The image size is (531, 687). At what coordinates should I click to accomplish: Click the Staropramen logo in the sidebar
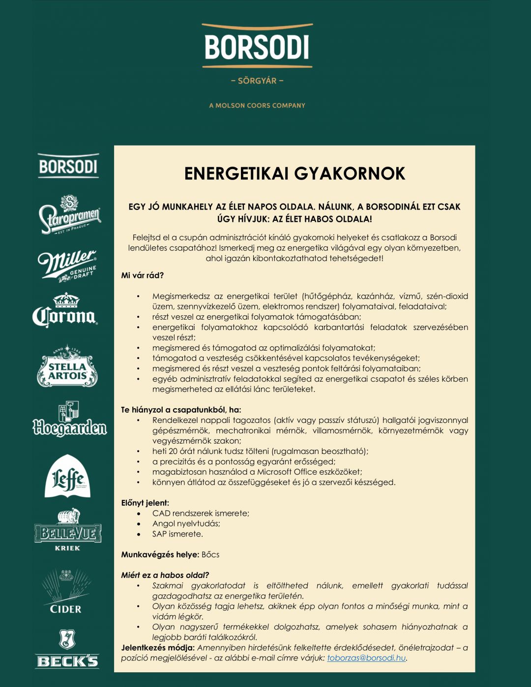coord(69,215)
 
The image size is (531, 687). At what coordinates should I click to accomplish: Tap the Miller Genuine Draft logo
coord(68,266)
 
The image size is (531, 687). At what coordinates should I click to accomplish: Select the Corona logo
coord(65,311)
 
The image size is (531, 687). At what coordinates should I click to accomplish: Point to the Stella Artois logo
coord(67,366)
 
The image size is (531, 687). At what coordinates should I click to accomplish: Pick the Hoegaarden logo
coord(69,419)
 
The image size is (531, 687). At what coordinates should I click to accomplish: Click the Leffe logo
coord(68,477)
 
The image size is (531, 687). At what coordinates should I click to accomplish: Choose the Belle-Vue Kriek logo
coord(68,530)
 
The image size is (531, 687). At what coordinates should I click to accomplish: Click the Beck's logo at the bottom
coord(67,649)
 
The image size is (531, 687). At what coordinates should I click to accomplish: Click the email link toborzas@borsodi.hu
coord(366,658)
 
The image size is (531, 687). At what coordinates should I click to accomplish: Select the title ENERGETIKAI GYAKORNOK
coord(295,174)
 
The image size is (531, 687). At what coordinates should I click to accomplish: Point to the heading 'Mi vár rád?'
coord(143,275)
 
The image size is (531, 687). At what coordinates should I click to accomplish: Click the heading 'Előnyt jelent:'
coord(145,503)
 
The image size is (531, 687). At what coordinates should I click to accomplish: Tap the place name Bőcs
coord(210,554)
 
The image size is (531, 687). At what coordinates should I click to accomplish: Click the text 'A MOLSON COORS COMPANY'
coord(257,105)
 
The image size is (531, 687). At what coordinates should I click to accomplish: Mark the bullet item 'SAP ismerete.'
coord(177,534)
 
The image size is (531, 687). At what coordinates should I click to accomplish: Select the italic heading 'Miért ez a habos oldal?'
coord(165,575)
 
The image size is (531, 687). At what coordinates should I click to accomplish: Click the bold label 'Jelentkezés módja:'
coord(158,648)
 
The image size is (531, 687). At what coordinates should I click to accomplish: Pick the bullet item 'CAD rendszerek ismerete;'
coord(201,513)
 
